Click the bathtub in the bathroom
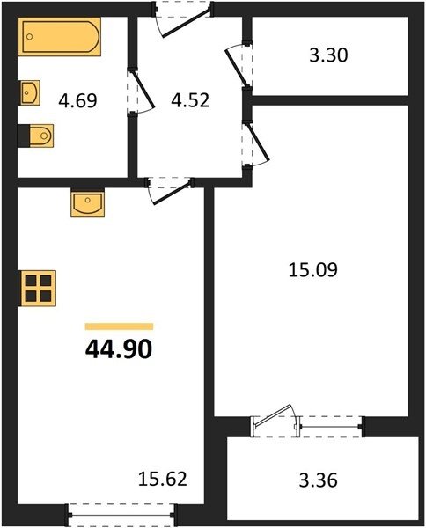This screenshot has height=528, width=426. tap(60, 36)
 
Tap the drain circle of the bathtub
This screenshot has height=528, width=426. tap(30, 36)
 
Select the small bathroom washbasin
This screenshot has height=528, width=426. tap(30, 92)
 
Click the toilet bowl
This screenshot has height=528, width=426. tap(41, 136)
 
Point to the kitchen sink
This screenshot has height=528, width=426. tap(87, 202)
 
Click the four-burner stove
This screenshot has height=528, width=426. tap(38, 288)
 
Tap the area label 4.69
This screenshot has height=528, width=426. tap(77, 100)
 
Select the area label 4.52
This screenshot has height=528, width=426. tap(190, 100)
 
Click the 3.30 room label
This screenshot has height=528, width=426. tap(328, 55)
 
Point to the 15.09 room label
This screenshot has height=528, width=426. tap(312, 270)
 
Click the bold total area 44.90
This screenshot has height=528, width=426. tap(119, 349)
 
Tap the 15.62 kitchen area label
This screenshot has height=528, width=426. tap(162, 479)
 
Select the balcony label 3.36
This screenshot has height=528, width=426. tap(318, 480)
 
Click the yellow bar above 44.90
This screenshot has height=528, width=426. tap(119, 326)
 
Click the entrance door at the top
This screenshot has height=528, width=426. tap(184, 18)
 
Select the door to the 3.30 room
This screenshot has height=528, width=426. tap(239, 66)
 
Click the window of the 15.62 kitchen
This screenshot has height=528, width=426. tap(121, 515)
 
